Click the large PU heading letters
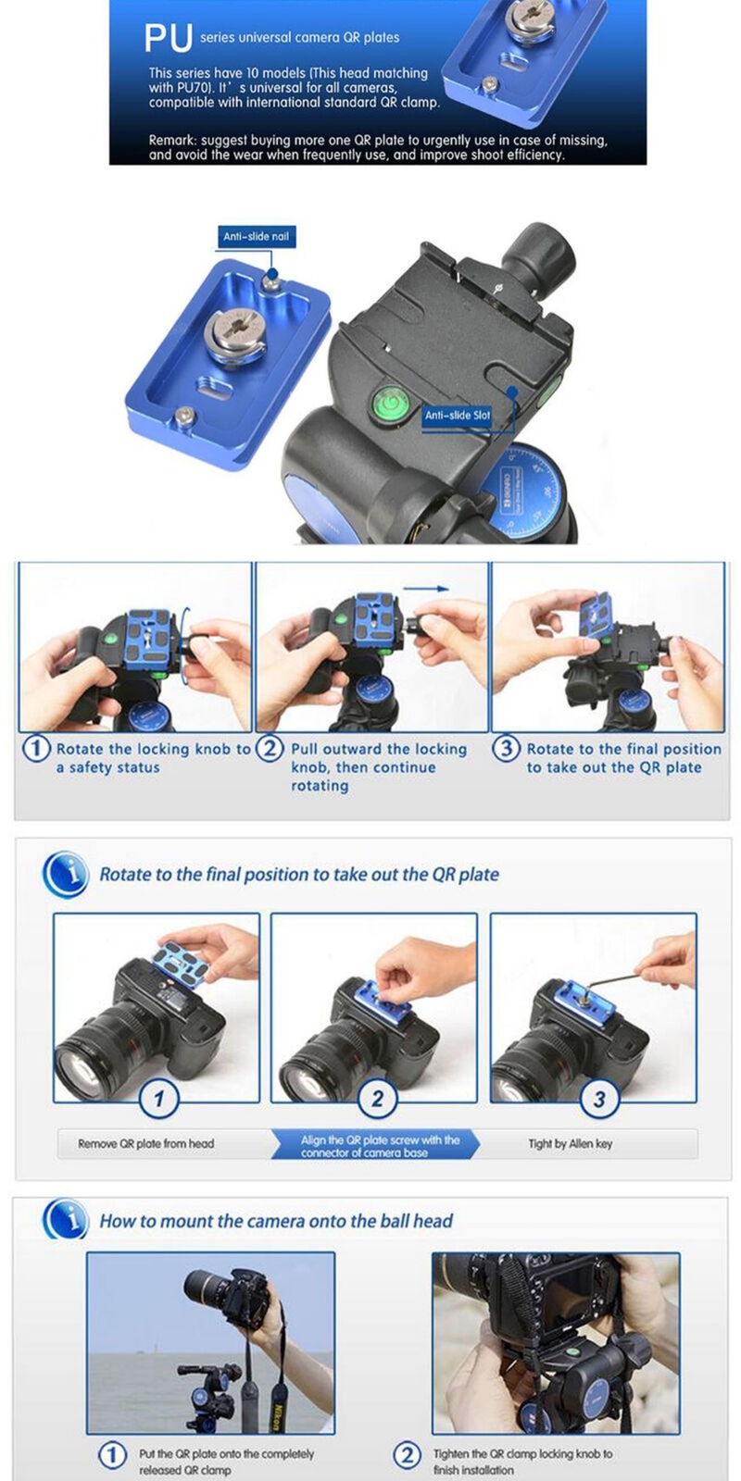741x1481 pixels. click(x=169, y=38)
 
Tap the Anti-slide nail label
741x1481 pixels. click(x=256, y=237)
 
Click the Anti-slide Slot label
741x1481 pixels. click(x=458, y=416)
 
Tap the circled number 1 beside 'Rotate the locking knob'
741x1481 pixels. click(x=36, y=749)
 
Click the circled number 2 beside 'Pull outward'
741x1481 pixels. click(x=270, y=749)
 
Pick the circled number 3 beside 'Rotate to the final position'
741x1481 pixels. click(x=506, y=749)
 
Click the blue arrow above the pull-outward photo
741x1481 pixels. click(x=427, y=588)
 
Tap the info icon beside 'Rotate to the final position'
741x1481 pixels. click(x=66, y=874)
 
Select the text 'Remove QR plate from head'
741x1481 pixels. click(x=146, y=1143)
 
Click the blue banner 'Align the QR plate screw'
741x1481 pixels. click(x=375, y=1145)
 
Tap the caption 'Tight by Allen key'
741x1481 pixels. click(x=571, y=1143)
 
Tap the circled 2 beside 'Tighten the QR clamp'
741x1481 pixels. click(x=408, y=1454)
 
